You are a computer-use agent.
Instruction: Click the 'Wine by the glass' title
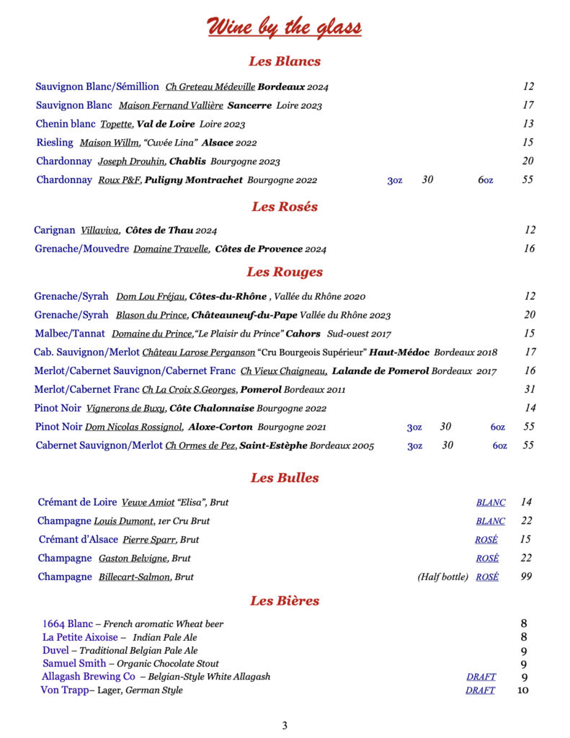[x=285, y=27]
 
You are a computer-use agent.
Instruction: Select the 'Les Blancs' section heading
[x=285, y=61]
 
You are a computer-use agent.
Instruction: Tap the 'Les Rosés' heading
[x=285, y=207]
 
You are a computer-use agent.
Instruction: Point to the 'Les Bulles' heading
[x=285, y=478]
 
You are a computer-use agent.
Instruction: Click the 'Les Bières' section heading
[x=285, y=601]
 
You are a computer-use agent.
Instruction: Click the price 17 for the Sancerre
[x=528, y=105]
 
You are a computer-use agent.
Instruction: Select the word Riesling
[x=55, y=143]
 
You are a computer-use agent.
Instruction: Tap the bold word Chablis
[x=187, y=161]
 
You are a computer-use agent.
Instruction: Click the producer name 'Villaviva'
[x=100, y=231]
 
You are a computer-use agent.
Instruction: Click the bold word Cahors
[x=303, y=334]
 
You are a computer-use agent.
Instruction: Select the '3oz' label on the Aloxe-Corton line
[x=414, y=427]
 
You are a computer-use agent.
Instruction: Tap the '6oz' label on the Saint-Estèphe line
[x=500, y=446]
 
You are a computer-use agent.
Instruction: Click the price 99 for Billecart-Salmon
[x=526, y=577]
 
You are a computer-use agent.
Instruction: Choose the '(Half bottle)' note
[x=442, y=577]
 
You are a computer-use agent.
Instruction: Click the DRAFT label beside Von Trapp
[x=480, y=690]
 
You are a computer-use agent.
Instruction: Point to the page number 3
[x=285, y=726]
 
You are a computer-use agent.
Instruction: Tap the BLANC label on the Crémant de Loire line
[x=491, y=502]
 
